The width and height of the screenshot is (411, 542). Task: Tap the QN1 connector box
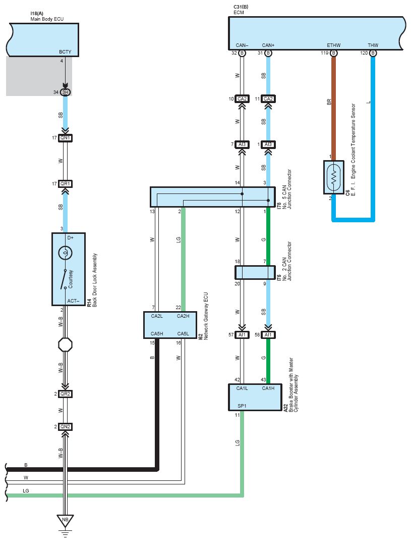click(x=66, y=137)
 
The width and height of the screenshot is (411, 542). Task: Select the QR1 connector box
click(x=66, y=183)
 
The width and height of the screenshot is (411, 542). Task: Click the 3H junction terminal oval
click(x=66, y=92)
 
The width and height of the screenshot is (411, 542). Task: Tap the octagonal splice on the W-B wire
click(x=66, y=344)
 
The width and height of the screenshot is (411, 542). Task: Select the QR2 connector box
click(x=66, y=394)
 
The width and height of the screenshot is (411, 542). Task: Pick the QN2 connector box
click(x=66, y=427)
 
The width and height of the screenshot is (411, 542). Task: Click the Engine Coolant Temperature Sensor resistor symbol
click(x=333, y=177)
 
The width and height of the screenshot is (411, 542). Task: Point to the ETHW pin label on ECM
click(x=333, y=45)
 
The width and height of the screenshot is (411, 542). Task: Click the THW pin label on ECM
click(x=373, y=45)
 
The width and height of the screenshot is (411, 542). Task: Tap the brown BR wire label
click(x=329, y=102)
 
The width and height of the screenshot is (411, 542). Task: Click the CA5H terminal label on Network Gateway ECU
click(x=157, y=333)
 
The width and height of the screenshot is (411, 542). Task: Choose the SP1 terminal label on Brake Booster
click(x=242, y=406)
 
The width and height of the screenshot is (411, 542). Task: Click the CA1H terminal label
click(x=268, y=388)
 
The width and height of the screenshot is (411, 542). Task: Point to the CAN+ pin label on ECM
click(x=268, y=45)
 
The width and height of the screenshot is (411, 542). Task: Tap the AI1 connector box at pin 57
click(x=242, y=335)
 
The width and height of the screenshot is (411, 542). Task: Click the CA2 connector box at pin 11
click(x=268, y=98)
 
